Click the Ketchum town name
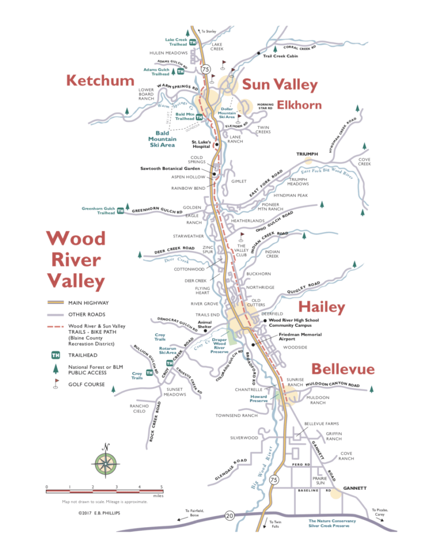coord(100,80)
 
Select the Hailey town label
coord(322,307)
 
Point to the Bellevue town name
coord(343,368)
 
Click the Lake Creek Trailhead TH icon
coord(193,42)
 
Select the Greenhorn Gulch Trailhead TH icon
coord(121,211)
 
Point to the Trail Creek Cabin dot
coord(258,54)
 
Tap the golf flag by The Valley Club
coord(242,235)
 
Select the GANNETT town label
coord(354,488)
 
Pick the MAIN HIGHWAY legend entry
coord(88,303)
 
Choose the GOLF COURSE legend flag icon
coord(55,384)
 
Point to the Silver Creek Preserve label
coord(332,524)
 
